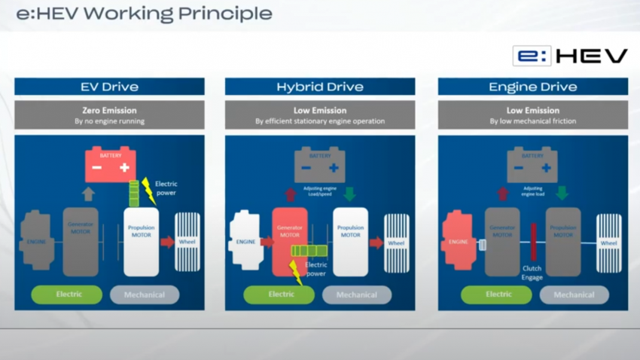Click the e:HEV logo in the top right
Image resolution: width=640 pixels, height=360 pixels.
point(570,56)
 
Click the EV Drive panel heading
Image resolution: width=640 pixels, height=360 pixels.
point(109,87)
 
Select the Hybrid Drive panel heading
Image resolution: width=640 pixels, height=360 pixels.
point(320,87)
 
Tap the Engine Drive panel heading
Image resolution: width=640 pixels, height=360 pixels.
point(532,87)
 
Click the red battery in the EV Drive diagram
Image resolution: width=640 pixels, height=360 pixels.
point(110,166)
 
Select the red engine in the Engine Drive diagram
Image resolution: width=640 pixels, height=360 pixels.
point(459,241)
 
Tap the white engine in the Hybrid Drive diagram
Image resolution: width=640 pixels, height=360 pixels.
point(245,241)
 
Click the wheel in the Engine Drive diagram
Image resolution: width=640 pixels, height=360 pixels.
point(608,243)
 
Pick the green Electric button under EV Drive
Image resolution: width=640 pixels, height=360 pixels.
point(68,294)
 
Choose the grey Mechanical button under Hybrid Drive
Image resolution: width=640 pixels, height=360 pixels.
point(356,294)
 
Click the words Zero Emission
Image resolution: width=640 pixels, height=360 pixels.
point(109,110)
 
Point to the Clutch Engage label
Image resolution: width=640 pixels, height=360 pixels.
point(532,272)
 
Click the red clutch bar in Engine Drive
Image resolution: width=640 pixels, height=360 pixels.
point(533,242)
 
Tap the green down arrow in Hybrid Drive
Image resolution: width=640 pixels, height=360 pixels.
point(349,194)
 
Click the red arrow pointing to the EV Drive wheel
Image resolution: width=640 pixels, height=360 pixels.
point(167,242)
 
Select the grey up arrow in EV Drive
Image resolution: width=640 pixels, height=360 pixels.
point(88,194)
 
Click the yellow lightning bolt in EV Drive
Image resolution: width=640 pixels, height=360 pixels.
point(148,192)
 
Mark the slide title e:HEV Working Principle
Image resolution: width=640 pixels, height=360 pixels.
point(144,14)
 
